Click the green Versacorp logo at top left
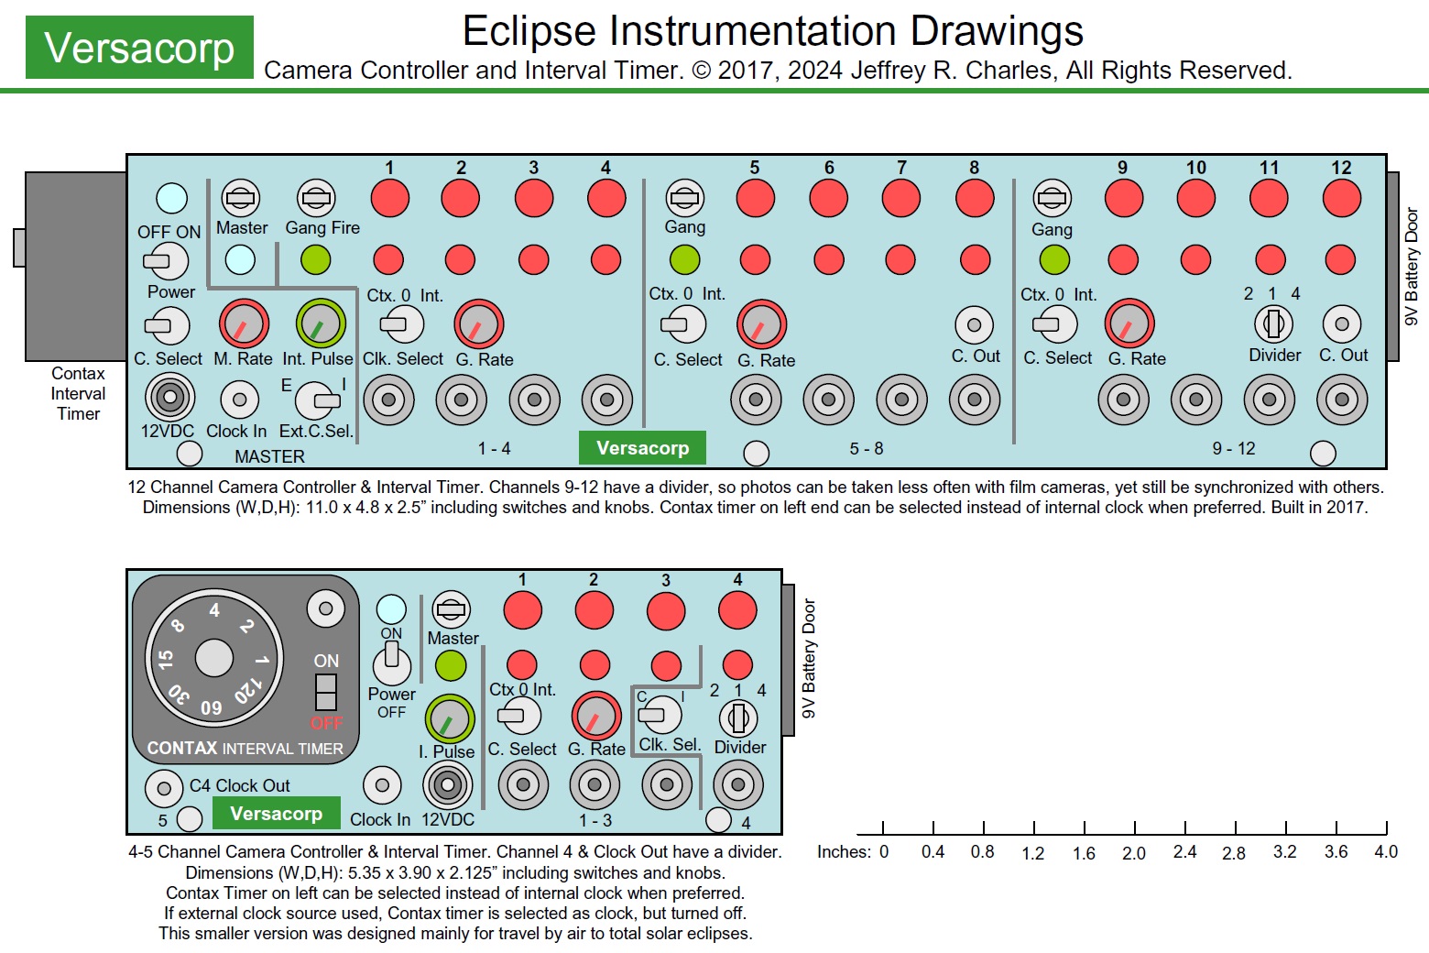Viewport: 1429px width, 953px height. click(139, 48)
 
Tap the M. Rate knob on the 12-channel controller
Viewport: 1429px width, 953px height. click(243, 323)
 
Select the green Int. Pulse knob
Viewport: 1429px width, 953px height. click(320, 323)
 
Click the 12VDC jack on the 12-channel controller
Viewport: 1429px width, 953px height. click(169, 398)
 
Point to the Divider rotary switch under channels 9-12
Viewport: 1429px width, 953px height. click(1272, 323)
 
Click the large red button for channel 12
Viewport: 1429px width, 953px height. click(1341, 198)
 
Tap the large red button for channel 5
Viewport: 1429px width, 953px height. click(755, 198)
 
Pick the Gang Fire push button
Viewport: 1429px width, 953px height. click(316, 197)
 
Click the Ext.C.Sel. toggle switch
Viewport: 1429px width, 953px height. click(315, 400)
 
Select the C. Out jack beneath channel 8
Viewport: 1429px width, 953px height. click(974, 324)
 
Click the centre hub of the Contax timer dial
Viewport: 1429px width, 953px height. click(214, 657)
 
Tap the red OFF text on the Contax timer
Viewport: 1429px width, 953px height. click(326, 723)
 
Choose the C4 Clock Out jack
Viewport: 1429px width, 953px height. click(164, 787)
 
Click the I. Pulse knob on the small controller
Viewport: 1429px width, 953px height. click(449, 719)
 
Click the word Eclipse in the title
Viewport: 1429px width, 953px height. click(530, 31)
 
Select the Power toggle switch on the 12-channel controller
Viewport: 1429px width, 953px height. click(166, 261)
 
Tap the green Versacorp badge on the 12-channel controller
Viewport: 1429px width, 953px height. click(642, 448)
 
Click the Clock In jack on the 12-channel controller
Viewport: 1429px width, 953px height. click(239, 400)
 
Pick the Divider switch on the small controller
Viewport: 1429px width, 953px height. click(737, 717)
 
